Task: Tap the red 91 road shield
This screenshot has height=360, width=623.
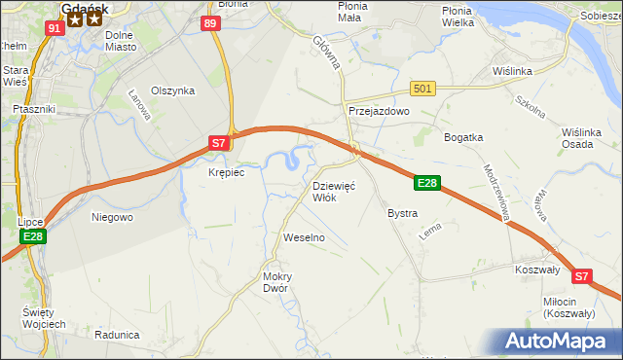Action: point(55,27)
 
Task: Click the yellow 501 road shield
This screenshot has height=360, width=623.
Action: point(421,90)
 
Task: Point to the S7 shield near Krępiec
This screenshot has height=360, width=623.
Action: point(220,143)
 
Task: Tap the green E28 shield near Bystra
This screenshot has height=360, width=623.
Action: point(427,183)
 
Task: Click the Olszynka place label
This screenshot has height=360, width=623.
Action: point(173,90)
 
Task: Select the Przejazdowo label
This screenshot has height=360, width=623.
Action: point(380,112)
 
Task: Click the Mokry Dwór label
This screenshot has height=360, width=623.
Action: point(277,281)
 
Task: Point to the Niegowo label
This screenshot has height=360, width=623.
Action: point(111,217)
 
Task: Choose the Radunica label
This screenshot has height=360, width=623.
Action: point(117,334)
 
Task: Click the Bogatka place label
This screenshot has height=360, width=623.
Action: point(463,137)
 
